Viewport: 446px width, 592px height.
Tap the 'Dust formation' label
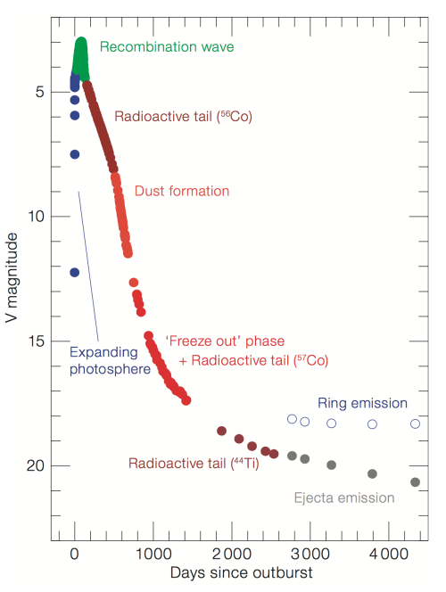click(x=182, y=191)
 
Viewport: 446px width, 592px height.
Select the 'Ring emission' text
click(x=362, y=403)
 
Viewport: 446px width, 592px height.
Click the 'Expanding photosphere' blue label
click(x=109, y=360)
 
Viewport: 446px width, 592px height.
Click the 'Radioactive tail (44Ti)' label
click(x=194, y=464)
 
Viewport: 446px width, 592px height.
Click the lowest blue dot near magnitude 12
click(x=75, y=272)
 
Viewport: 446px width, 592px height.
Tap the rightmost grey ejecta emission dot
click(x=415, y=482)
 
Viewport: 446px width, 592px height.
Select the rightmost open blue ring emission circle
click(x=415, y=423)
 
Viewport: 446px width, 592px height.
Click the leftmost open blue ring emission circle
click(x=292, y=419)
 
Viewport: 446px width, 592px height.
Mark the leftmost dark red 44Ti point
click(x=221, y=431)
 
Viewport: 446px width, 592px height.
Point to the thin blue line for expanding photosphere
click(x=86, y=267)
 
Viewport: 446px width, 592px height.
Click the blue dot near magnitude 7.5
click(x=75, y=154)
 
